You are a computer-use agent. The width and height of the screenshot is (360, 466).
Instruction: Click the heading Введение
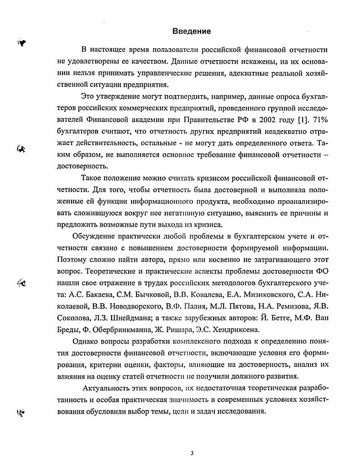pos(192,31)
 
